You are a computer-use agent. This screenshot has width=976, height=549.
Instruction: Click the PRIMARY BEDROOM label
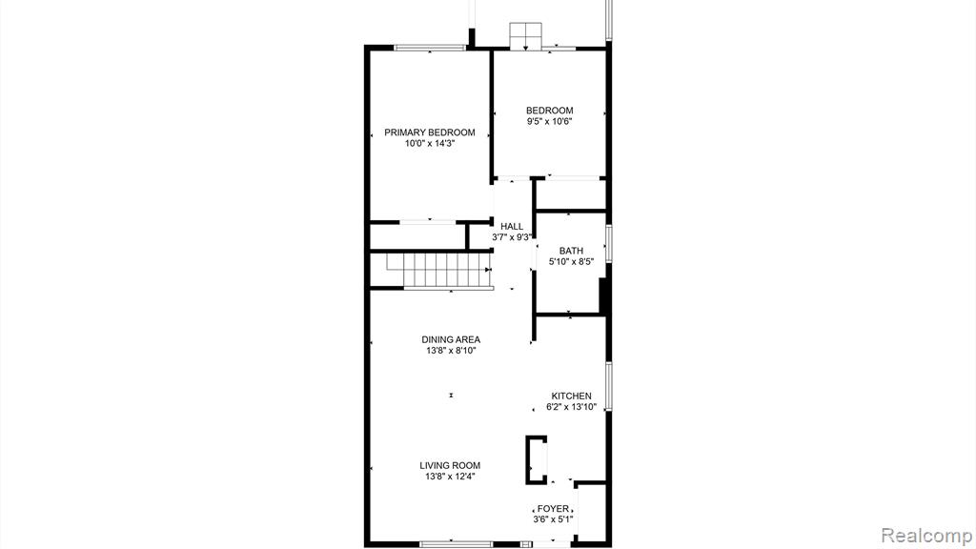(430, 132)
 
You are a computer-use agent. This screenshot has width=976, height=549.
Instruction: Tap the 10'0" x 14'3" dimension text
(430, 143)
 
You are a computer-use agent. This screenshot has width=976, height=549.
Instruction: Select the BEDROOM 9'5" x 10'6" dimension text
(550, 121)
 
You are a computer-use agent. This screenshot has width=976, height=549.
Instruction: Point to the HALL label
(512, 227)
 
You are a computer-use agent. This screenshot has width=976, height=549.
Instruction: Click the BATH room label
(571, 251)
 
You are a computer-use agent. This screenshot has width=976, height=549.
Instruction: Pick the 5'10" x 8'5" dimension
(571, 262)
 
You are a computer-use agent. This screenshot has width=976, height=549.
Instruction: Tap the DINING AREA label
(451, 340)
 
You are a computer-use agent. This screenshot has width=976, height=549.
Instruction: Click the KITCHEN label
(572, 396)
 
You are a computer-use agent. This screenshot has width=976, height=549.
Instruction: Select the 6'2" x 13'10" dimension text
(572, 407)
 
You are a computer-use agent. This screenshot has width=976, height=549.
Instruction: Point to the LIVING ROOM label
(450, 465)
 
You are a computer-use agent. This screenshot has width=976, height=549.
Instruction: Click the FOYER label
(554, 509)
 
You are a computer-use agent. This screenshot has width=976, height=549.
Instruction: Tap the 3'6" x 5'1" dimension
(554, 519)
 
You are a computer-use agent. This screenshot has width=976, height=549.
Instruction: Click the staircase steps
(439, 271)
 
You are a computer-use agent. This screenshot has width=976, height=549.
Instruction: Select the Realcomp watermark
(926, 535)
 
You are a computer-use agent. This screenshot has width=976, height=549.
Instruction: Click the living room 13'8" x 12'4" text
(450, 477)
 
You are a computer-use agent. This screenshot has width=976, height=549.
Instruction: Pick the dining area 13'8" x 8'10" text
(451, 351)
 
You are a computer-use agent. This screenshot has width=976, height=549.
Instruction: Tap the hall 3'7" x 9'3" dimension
(512, 237)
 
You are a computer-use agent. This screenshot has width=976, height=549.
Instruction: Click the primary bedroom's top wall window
(430, 48)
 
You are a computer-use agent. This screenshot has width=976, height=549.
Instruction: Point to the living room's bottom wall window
(457, 544)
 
